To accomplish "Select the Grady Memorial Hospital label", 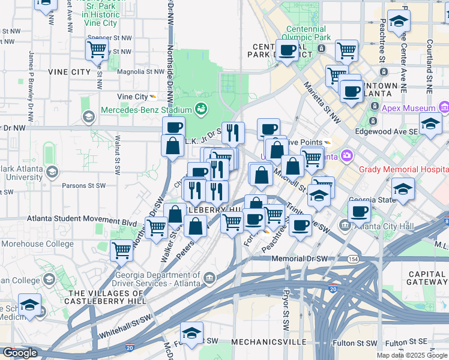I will [x=403, y=169].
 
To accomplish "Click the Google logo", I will [x=20, y=353].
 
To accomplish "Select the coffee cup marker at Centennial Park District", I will [x=288, y=50].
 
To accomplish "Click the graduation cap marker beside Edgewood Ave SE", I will [x=430, y=123].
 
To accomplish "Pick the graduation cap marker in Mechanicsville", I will [x=191, y=332].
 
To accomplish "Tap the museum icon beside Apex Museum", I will [x=444, y=108].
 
